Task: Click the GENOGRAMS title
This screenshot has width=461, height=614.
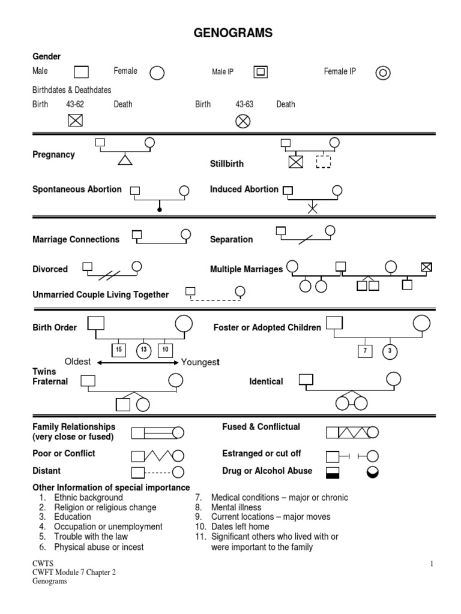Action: pos(233,34)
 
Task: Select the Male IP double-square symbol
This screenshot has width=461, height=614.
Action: pos(261,73)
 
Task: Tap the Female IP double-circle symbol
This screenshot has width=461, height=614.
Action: pos(383,73)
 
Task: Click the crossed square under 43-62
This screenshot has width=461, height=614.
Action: pos(75,121)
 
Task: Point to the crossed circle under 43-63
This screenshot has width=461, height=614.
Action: pos(243,121)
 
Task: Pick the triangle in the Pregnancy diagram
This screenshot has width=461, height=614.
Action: pos(124,159)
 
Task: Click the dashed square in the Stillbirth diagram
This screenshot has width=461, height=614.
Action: pos(324,161)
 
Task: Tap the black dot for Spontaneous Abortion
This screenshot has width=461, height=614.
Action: pos(159,209)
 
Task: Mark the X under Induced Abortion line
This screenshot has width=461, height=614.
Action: pos(312,209)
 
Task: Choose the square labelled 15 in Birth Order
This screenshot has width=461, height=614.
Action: pos(119,350)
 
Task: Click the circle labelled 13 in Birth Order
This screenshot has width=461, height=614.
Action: pos(143,350)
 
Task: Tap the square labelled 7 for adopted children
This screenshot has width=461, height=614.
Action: pos(364,351)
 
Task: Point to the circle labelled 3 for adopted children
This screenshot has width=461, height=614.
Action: pos(390,351)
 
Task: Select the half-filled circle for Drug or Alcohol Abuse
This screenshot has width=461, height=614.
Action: pos(373,472)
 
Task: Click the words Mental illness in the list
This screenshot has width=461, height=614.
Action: pos(236,507)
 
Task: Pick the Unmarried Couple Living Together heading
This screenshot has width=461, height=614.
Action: pos(100,294)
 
